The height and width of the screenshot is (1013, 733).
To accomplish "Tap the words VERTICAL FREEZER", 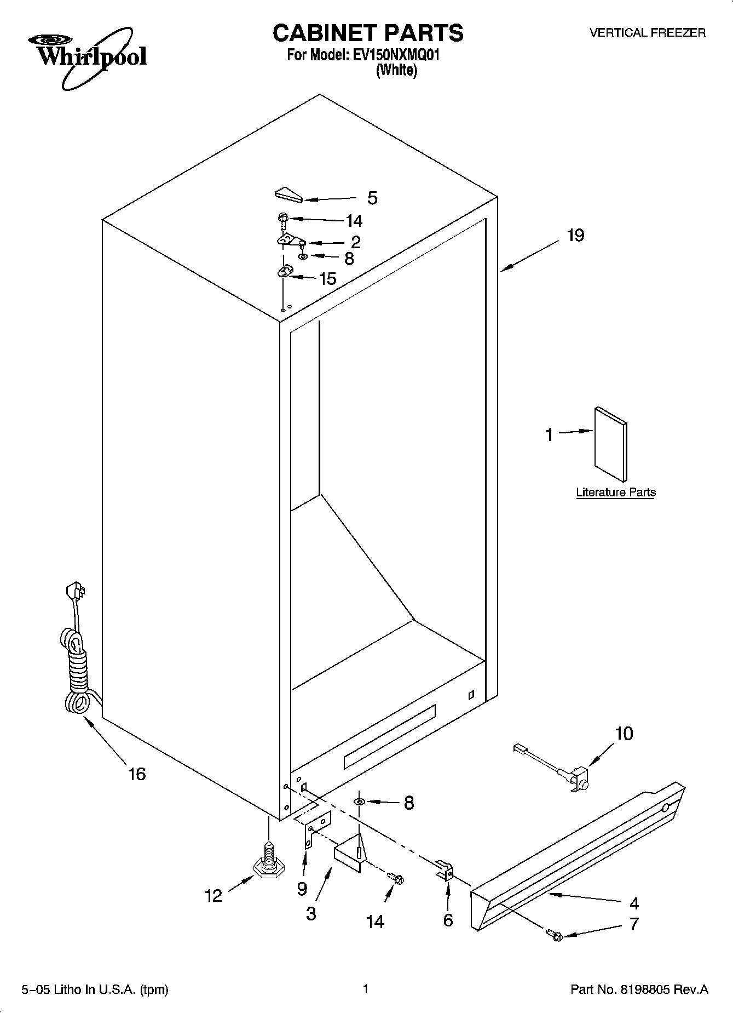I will coord(647,33).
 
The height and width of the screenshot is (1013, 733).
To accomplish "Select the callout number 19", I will coord(575,236).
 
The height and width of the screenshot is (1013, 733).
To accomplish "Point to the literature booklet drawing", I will coord(610,444).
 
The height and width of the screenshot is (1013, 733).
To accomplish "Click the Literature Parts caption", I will coord(616,492).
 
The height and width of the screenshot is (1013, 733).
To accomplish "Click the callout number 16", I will coord(137,774).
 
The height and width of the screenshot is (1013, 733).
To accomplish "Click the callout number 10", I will coord(624,733).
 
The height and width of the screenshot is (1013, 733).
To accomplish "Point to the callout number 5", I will coord(372,198).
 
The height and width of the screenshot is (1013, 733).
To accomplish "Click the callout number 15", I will coord(327,279).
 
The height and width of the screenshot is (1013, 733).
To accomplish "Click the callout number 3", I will coord(311,913).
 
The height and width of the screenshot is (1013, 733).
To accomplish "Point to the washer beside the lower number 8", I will coord(359,802).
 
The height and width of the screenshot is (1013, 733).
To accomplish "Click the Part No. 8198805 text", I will coord(639,989).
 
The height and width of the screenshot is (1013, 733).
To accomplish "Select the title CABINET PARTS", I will coord(368,33).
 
